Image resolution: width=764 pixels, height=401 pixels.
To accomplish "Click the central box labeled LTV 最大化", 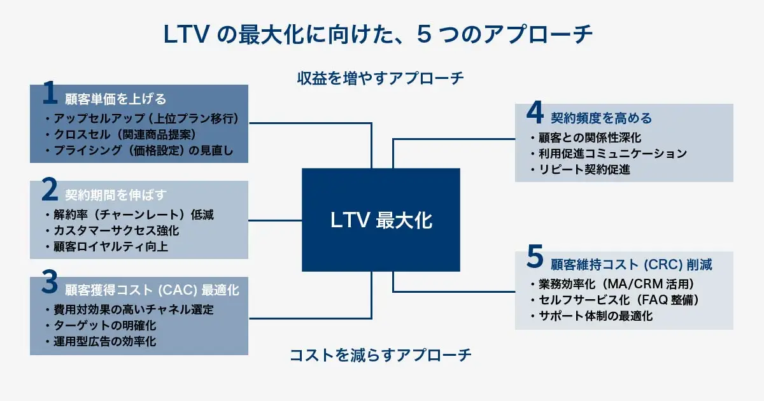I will [x=381, y=220].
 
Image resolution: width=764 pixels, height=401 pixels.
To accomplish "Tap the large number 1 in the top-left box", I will [x=50, y=94].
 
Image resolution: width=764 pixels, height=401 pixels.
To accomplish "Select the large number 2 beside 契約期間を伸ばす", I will [x=50, y=190].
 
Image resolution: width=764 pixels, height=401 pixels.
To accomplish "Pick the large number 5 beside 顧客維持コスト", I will [x=535, y=260].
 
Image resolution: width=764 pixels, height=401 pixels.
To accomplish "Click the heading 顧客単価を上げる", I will [x=115, y=99].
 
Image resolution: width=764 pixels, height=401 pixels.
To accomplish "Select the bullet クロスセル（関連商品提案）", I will [x=120, y=135].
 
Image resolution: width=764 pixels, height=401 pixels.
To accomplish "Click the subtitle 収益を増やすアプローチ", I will [x=381, y=79].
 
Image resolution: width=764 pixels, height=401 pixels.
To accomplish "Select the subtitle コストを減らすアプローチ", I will [x=381, y=355].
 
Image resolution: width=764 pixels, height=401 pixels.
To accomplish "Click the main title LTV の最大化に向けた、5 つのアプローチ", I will [x=381, y=35].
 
